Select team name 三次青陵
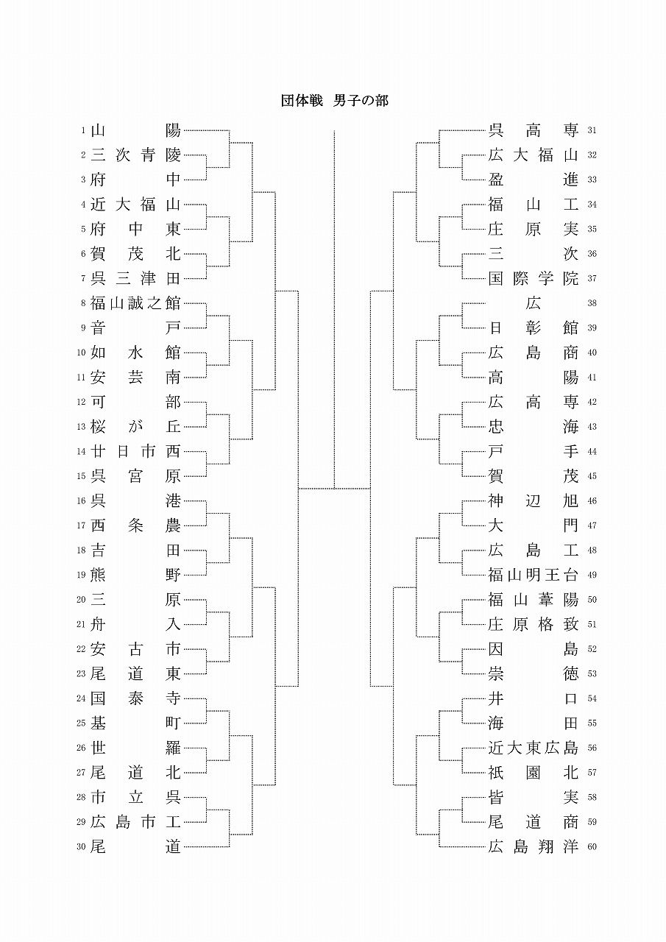pyautogui.click(x=135, y=155)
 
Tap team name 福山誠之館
pyautogui.click(x=135, y=303)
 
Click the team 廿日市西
pyautogui.click(x=135, y=451)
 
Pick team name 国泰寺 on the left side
pyautogui.click(x=135, y=698)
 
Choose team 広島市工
pyautogui.click(x=135, y=822)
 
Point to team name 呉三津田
pyautogui.click(x=135, y=279)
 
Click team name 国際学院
pyautogui.click(x=534, y=279)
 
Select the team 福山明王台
pyautogui.click(x=534, y=575)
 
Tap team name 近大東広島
pyautogui.click(x=534, y=748)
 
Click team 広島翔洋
pyautogui.click(x=534, y=847)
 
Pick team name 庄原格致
pyautogui.click(x=534, y=624)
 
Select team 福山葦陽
pyautogui.click(x=534, y=600)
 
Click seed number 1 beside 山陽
pyautogui.click(x=84, y=131)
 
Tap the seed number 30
pyautogui.click(x=82, y=847)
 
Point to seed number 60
pyautogui.click(x=592, y=847)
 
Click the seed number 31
pyautogui.click(x=592, y=131)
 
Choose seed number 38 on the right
pyautogui.click(x=592, y=303)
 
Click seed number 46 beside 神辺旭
pyautogui.click(x=592, y=501)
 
